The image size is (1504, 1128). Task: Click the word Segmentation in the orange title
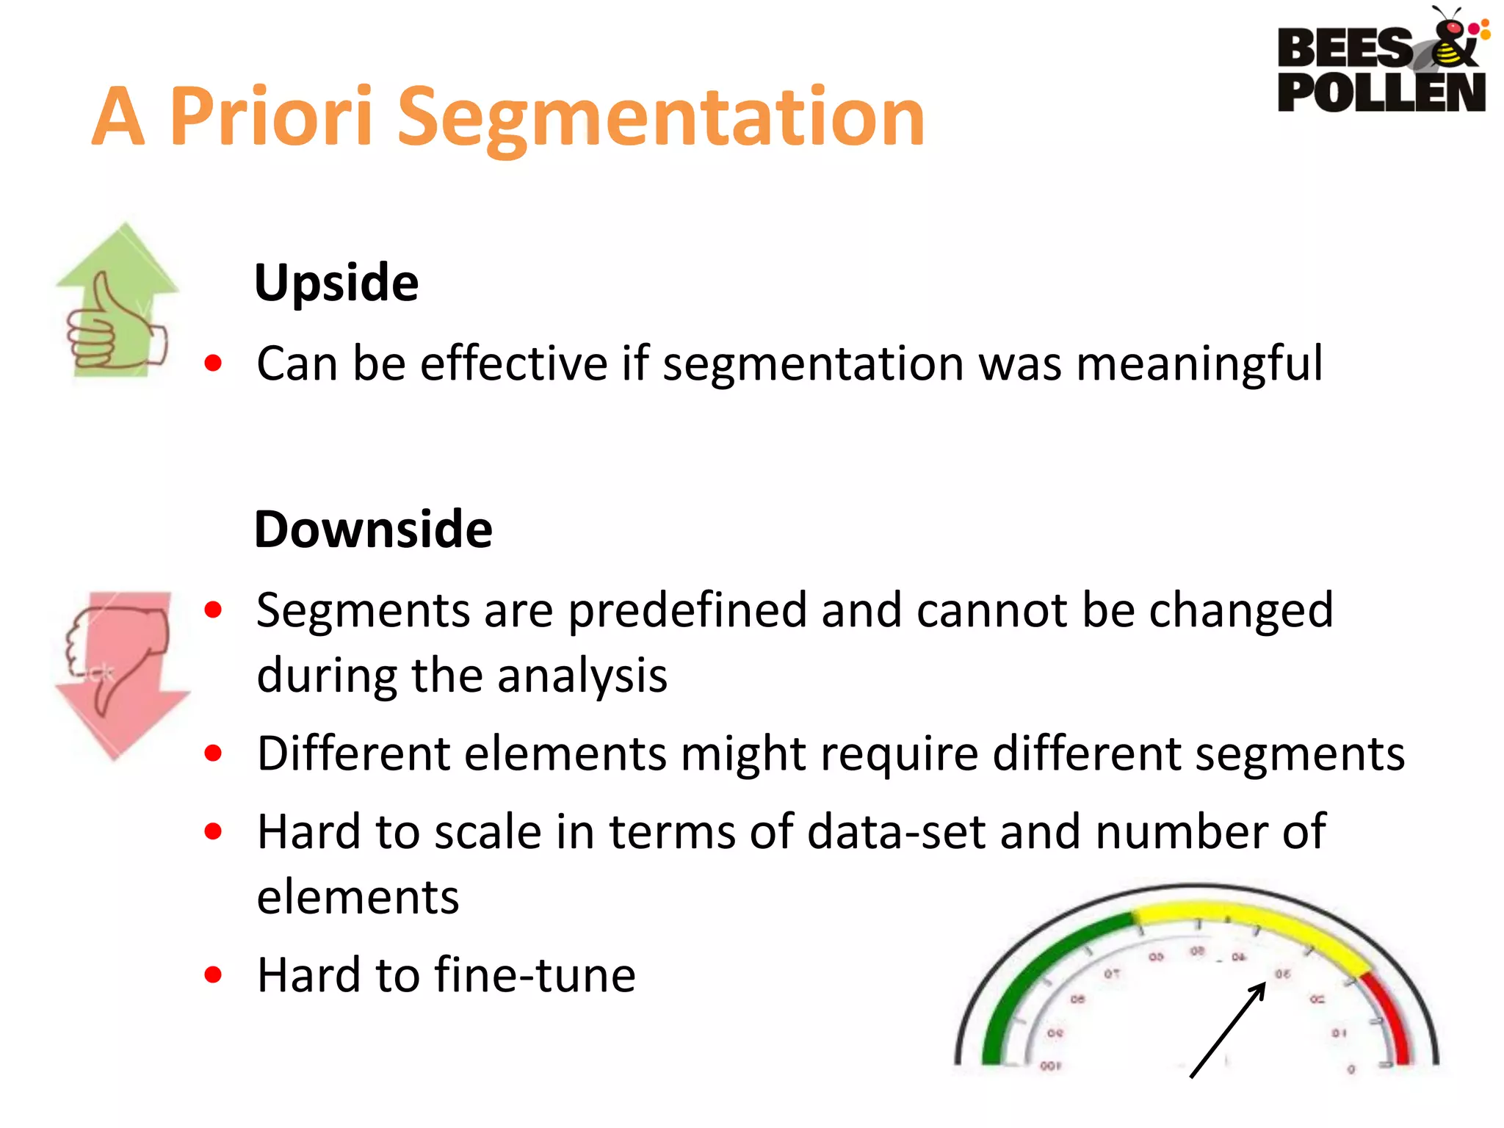pyautogui.click(x=661, y=117)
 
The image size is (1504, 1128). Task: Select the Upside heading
pyautogui.click(x=336, y=283)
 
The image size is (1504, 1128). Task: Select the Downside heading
pyautogui.click(x=373, y=529)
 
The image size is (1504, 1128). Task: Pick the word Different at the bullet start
pyautogui.click(x=352, y=754)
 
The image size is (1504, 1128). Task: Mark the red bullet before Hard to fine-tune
pyautogui.click(x=213, y=975)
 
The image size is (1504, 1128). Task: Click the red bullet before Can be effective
pyautogui.click(x=213, y=363)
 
